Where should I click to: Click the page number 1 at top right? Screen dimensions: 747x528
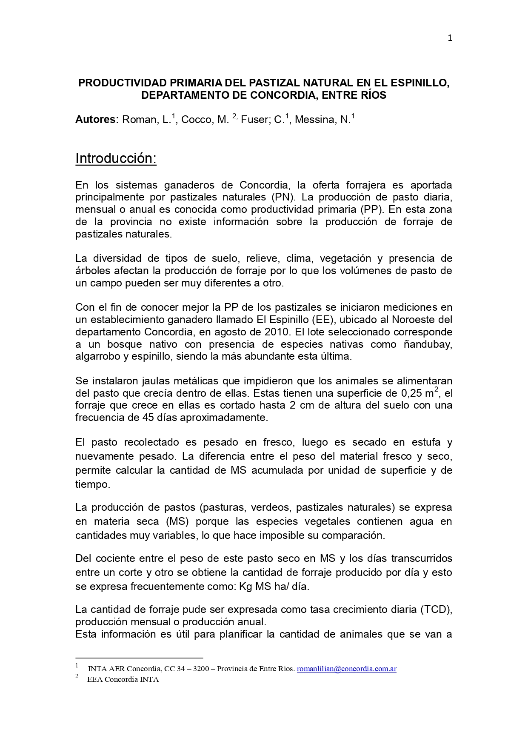pyautogui.click(x=450, y=38)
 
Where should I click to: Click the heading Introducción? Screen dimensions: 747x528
pyautogui.click(x=116, y=158)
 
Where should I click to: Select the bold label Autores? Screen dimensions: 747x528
pyautogui.click(x=97, y=120)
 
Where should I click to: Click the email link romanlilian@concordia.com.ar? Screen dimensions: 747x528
pyautogui.click(x=346, y=669)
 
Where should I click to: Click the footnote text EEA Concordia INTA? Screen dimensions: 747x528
pyautogui.click(x=123, y=680)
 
